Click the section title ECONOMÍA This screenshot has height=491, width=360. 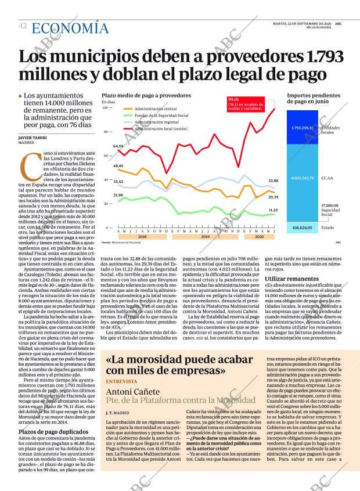(x=70, y=28)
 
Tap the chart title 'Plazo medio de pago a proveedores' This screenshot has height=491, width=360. (x=146, y=95)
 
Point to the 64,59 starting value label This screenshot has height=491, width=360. (x=118, y=146)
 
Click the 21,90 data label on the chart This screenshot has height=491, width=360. (x=118, y=195)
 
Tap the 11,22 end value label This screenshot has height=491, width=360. (x=273, y=210)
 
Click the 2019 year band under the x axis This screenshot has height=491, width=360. (x=206, y=237)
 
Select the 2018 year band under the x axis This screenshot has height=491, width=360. (x=142, y=237)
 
